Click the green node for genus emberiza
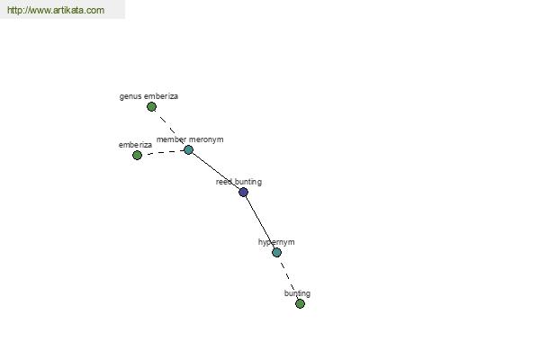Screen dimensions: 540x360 pyautogui.click(x=151, y=107)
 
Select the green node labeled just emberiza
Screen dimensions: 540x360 pyautogui.click(x=137, y=155)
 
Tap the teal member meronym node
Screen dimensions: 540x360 pyautogui.click(x=188, y=150)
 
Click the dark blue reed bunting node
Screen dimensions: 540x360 pyautogui.click(x=244, y=192)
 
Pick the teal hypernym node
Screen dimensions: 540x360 pyautogui.click(x=276, y=253)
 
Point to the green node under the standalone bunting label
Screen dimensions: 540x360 pyautogui.click(x=300, y=303)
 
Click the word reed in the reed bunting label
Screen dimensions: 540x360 pyautogui.click(x=223, y=182)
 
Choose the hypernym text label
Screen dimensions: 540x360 pyautogui.click(x=276, y=242)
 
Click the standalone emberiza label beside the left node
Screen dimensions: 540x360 pyautogui.click(x=135, y=145)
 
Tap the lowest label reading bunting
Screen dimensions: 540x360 pyautogui.click(x=297, y=293)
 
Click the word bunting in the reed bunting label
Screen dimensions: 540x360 pyautogui.click(x=248, y=182)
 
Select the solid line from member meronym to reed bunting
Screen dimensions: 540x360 pyautogui.click(x=216, y=171)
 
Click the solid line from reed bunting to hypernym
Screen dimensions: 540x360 pyautogui.click(x=260, y=222)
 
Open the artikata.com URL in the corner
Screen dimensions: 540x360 pyautogui.click(x=56, y=10)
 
